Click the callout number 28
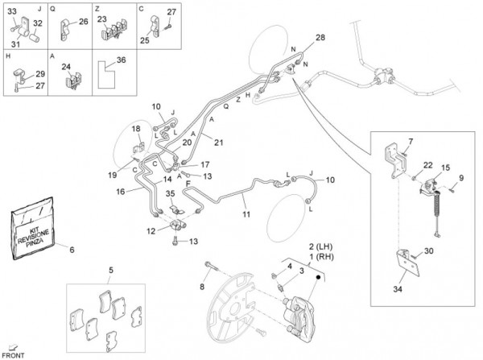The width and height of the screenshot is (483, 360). tap(320, 39)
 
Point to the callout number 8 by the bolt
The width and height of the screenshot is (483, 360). tap(203, 286)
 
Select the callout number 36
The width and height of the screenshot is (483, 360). tap(122, 60)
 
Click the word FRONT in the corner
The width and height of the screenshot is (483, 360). tap(14, 354)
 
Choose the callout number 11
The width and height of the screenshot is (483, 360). tap(247, 216)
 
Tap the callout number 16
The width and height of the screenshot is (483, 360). tap(120, 192)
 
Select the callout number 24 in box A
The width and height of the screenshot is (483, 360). tap(66, 68)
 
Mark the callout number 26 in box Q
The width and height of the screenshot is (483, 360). tap(83, 22)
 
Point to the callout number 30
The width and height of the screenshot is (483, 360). tap(428, 252)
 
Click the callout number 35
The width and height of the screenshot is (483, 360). tap(171, 194)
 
